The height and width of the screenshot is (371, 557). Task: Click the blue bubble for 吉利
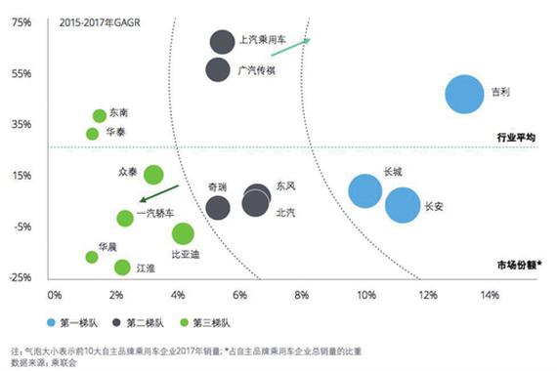click(x=465, y=94)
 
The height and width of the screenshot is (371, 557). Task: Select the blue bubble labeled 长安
click(x=403, y=205)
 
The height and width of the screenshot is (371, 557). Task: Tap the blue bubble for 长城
click(x=365, y=190)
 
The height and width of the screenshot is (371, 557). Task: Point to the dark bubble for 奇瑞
click(x=218, y=207)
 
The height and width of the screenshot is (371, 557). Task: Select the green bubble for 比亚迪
click(x=183, y=233)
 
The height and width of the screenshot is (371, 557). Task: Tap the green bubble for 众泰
click(x=153, y=175)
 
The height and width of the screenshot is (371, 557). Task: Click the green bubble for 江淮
click(x=122, y=267)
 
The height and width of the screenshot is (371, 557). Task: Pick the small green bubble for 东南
click(x=100, y=115)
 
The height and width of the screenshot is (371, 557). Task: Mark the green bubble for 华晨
click(x=92, y=257)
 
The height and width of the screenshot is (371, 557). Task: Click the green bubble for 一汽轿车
click(x=125, y=218)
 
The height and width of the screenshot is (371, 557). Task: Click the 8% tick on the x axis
click(x=302, y=293)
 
